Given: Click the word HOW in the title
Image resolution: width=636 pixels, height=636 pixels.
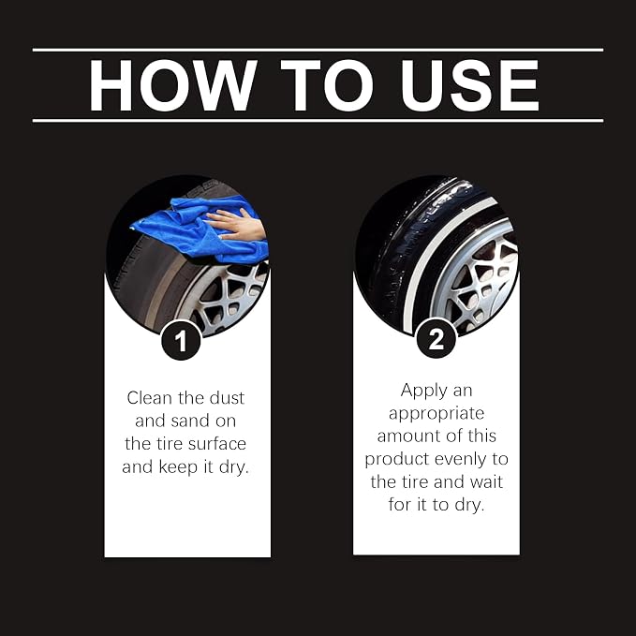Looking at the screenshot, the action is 172,85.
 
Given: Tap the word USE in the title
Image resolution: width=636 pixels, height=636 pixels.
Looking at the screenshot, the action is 469,85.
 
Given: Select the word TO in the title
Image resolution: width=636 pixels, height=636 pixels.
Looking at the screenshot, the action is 327,85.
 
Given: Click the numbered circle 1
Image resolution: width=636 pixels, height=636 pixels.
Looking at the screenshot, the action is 181,340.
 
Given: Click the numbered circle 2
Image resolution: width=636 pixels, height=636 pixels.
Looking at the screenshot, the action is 436,338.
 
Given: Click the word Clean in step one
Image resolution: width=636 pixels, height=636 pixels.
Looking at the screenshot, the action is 149,398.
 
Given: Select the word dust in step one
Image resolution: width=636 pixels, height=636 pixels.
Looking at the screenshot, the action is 227,398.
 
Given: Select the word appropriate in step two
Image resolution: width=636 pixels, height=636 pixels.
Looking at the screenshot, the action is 436,414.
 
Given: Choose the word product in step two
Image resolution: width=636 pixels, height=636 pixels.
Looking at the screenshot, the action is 397,460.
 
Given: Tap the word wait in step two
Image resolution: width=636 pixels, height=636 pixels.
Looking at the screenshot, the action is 486,481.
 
